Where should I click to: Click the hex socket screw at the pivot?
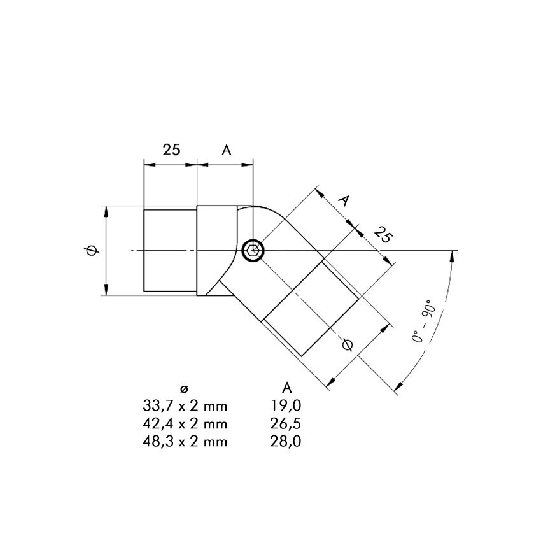tap(253, 250)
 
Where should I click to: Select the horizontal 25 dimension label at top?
tap(171, 150)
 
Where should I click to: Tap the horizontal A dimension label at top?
tap(227, 150)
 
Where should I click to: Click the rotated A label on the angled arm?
tap(344, 200)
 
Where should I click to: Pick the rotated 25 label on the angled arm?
tap(383, 235)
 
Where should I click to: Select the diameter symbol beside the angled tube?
tap(347, 345)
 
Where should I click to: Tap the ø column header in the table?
tap(185, 389)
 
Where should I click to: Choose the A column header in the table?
tap(286, 388)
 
